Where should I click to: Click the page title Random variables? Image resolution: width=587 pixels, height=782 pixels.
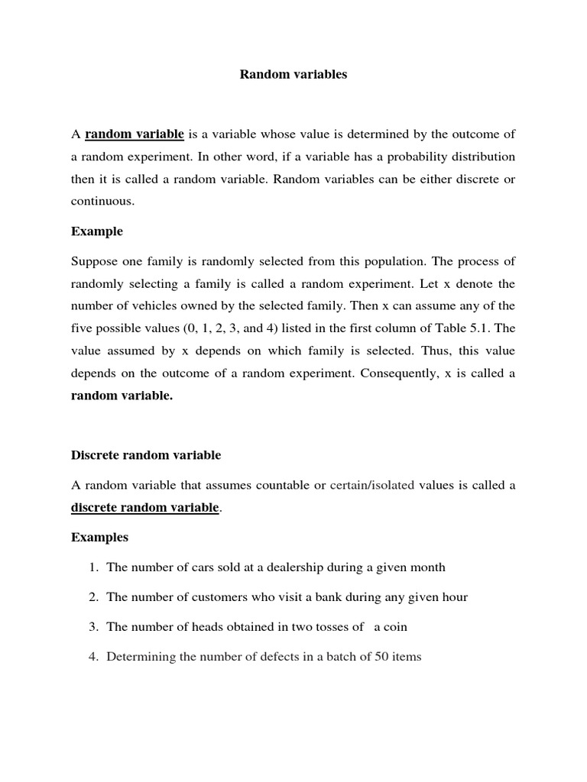point(293,75)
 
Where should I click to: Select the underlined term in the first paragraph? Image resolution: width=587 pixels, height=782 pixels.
point(134,134)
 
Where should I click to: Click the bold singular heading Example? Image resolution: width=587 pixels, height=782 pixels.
point(97,231)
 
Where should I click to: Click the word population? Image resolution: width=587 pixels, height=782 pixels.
point(404,261)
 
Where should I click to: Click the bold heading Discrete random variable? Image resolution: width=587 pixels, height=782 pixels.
point(146,455)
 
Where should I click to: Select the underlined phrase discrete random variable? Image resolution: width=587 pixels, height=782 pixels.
point(145,508)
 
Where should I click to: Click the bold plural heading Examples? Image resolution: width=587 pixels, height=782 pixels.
point(100,538)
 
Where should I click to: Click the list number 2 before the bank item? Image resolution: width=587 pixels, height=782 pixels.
point(92,597)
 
